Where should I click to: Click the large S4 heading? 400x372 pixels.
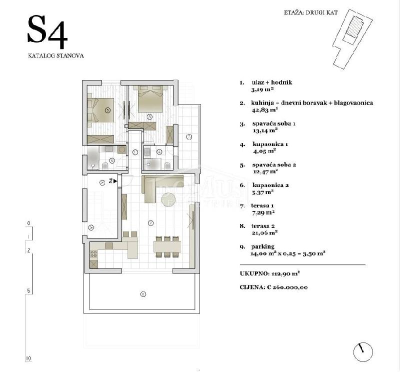tap(47, 32)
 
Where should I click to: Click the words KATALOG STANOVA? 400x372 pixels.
tap(56, 56)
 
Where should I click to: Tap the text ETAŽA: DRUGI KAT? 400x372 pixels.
tap(310, 12)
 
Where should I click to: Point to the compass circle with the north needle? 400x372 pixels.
tap(363, 352)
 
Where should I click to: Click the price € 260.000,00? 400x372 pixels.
tap(287, 287)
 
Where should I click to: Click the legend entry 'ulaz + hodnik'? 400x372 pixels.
tap(272, 82)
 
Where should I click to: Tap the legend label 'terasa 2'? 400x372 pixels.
tap(263, 226)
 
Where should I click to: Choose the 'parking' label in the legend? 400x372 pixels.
tap(263, 246)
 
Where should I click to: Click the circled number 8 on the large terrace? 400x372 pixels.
tap(143, 294)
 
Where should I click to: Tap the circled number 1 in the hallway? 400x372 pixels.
tap(135, 152)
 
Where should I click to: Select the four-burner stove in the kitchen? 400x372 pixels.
tap(93, 254)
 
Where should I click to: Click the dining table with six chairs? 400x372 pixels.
tap(167, 246)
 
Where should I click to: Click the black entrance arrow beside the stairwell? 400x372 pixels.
tap(115, 181)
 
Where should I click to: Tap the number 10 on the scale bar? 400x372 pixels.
tap(28, 358)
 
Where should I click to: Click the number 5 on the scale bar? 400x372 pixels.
tap(28, 290)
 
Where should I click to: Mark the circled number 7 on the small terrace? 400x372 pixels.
tap(189, 137)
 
